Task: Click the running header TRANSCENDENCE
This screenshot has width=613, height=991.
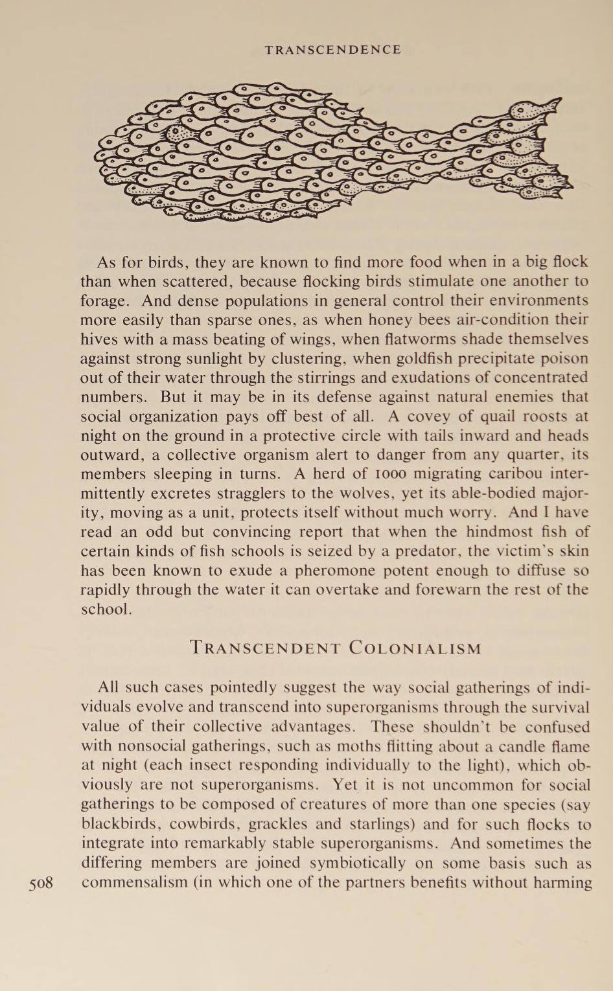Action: point(333,50)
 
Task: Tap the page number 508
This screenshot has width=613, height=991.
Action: point(41,882)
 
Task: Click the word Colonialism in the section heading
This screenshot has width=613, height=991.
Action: point(415,648)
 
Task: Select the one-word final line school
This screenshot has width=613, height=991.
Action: point(106,609)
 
